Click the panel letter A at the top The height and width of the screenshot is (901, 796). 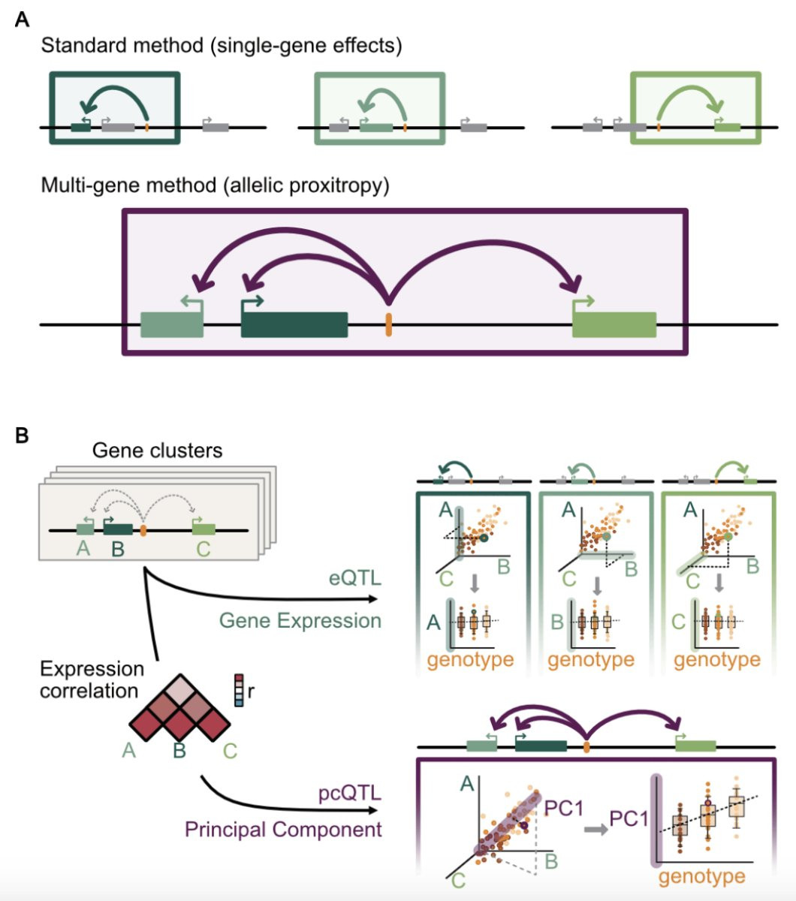coord(23,20)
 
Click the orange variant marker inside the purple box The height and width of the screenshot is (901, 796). coord(388,325)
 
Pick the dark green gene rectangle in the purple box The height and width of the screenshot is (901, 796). coord(294,324)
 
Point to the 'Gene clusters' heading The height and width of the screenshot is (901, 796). coord(157,450)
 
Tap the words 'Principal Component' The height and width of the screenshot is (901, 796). coord(283,829)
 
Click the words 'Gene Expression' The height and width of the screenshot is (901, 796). coord(300,621)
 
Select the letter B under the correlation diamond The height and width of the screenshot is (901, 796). coord(179,749)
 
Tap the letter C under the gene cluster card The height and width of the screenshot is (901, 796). coord(203,549)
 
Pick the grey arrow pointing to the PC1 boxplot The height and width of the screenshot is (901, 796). coord(596,830)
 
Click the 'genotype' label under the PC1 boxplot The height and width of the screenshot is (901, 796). coord(702,875)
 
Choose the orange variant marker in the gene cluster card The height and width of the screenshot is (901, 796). coord(143,530)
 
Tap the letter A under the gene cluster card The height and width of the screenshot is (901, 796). coord(83,549)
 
